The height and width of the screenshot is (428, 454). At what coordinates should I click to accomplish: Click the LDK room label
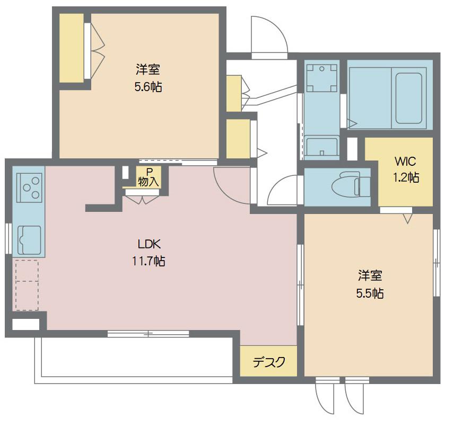click(149, 244)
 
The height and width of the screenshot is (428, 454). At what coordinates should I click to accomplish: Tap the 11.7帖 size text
click(149, 262)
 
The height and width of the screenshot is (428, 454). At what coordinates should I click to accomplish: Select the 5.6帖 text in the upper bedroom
click(148, 87)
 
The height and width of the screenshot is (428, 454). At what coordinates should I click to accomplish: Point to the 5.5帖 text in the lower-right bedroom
click(370, 293)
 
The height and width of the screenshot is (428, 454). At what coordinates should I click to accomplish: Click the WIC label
click(405, 162)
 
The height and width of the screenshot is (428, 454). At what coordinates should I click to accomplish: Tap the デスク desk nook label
click(269, 362)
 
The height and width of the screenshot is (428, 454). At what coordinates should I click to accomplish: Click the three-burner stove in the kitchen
click(29, 188)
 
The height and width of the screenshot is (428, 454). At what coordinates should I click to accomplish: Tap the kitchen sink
click(29, 240)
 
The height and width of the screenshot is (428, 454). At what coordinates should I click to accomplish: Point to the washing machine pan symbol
click(322, 78)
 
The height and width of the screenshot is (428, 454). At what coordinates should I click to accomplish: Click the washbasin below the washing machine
click(322, 147)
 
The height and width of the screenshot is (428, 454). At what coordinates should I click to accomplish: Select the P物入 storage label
click(149, 177)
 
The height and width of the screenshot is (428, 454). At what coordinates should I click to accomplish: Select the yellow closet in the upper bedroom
click(72, 48)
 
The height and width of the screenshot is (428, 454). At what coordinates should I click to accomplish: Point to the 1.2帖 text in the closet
click(406, 177)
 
